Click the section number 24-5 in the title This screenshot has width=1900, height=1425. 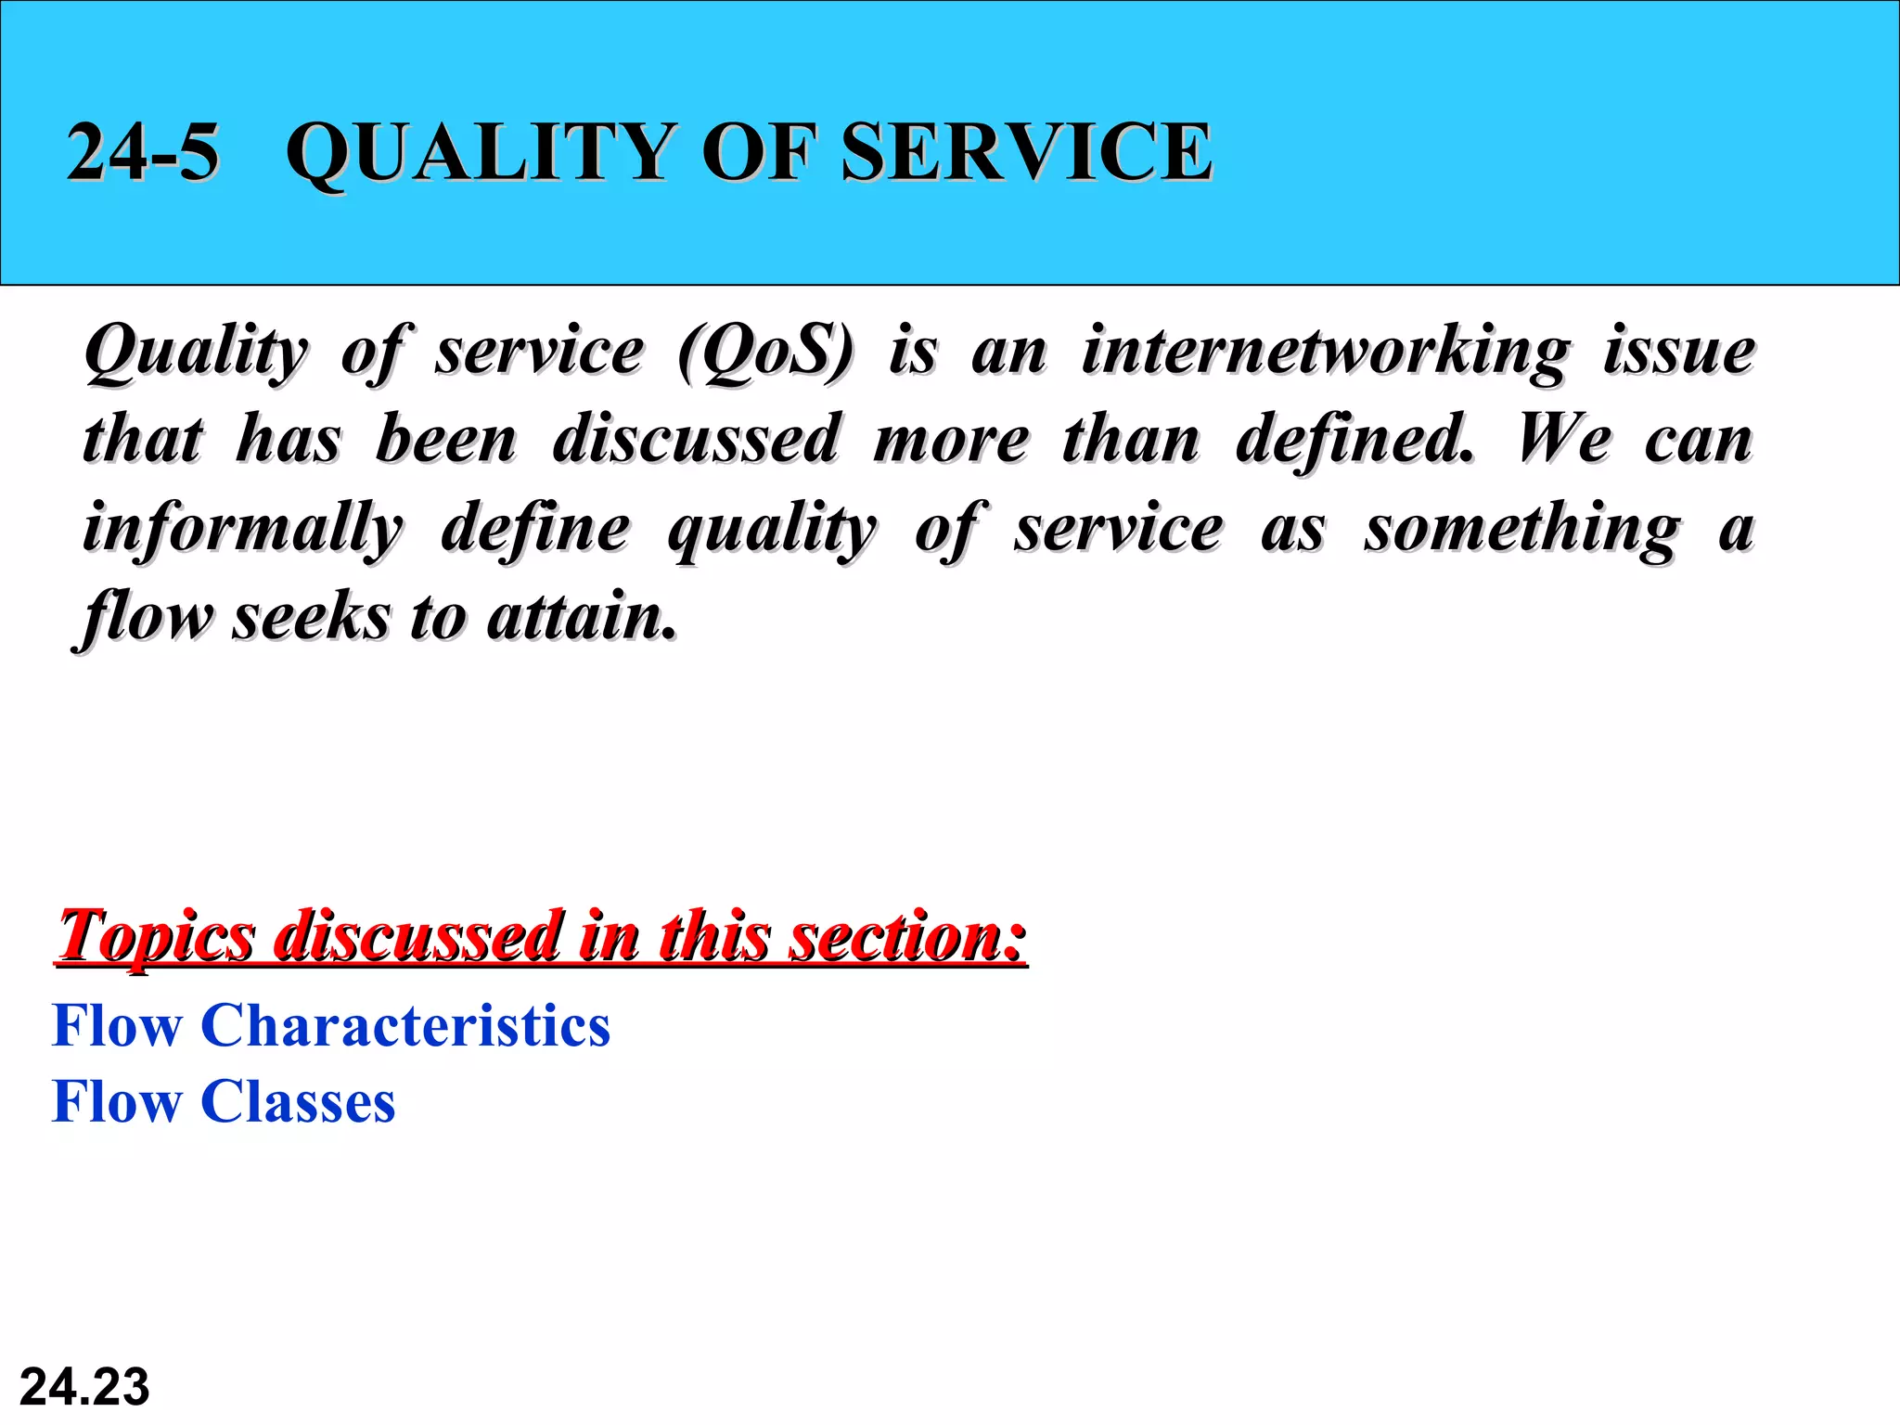143,152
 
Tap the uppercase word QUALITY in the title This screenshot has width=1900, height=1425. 479,152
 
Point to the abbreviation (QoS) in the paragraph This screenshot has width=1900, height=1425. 764,352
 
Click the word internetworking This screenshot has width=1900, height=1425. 1326,352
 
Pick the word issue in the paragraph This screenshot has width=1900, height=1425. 1679,352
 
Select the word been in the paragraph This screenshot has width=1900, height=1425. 446,439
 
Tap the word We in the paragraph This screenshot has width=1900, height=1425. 1563,439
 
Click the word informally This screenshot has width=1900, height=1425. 243,528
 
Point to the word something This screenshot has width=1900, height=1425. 1521,528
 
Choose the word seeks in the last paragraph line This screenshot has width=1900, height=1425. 311,616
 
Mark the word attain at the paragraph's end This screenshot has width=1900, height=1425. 582,616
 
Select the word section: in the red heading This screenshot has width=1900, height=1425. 906,935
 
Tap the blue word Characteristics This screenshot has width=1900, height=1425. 405,1026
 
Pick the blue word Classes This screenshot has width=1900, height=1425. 298,1102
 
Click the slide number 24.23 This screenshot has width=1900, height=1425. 84,1387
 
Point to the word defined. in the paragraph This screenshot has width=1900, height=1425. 1354,439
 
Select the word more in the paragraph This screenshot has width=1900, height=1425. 951,439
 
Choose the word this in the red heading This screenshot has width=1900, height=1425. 713,935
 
